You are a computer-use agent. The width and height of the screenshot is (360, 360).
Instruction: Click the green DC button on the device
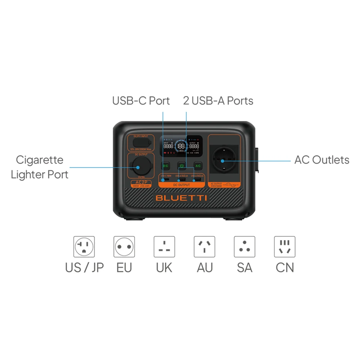(166, 166)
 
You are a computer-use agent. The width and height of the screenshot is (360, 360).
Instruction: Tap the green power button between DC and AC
(181, 166)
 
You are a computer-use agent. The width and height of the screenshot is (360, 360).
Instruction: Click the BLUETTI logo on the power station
(181, 198)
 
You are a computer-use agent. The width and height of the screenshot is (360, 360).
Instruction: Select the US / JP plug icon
(84, 247)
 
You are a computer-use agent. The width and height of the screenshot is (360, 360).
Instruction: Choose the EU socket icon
(124, 247)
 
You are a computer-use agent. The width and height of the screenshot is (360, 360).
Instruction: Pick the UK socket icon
(164, 247)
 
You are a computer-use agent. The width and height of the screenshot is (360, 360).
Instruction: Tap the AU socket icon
(204, 247)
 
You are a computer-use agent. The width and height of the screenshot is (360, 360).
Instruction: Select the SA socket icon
(244, 247)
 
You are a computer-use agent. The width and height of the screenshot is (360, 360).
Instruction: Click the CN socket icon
(284, 247)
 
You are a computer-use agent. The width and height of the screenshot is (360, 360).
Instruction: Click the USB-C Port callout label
(141, 101)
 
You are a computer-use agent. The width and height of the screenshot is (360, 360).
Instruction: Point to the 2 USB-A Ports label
(218, 101)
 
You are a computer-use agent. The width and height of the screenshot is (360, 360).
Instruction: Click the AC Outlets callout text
(322, 159)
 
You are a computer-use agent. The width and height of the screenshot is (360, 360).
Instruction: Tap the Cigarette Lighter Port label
(40, 167)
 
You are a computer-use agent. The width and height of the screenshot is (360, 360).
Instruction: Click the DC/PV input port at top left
(140, 142)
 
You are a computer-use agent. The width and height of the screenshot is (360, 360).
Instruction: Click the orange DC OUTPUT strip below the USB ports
(181, 185)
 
